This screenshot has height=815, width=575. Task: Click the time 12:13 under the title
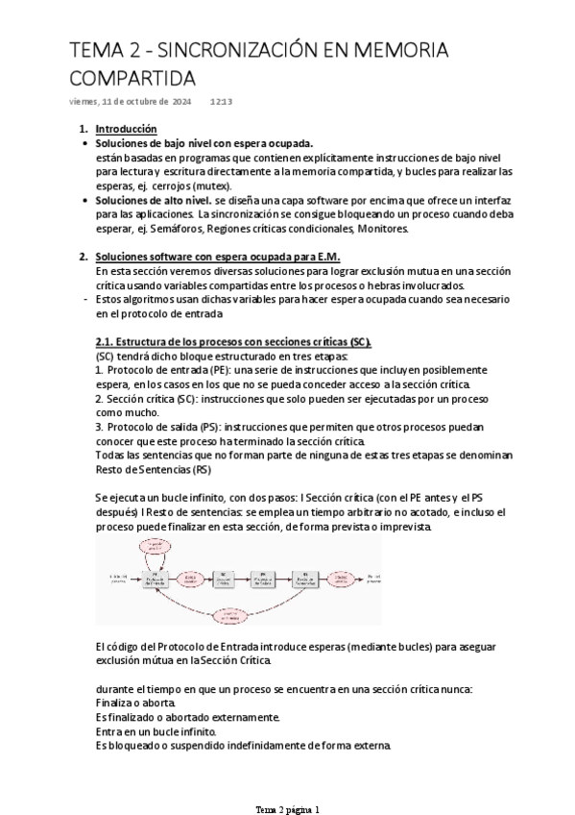(x=222, y=100)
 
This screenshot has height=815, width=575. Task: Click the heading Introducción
(x=127, y=129)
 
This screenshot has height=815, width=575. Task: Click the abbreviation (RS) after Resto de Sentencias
(x=200, y=469)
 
